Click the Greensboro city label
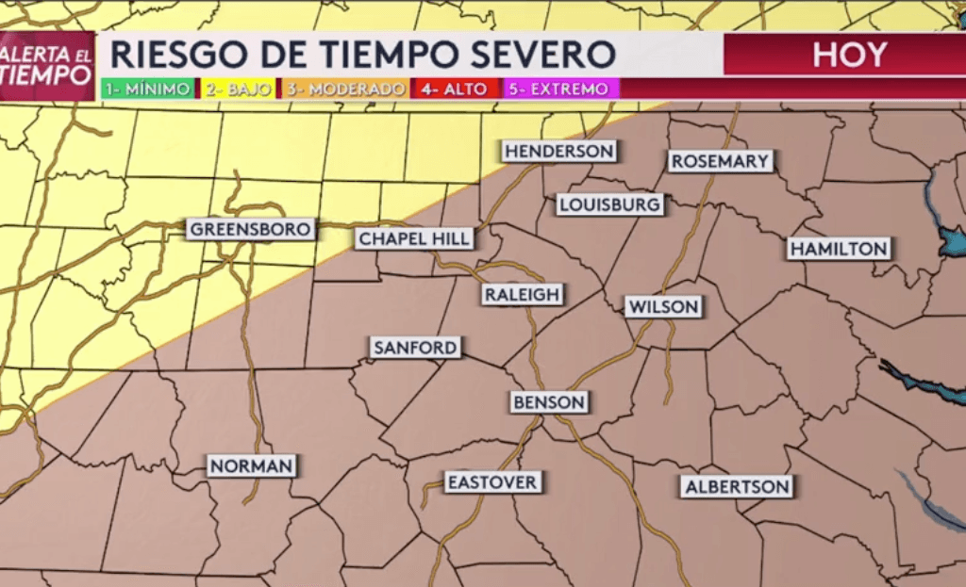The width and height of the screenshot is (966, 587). click(x=250, y=229)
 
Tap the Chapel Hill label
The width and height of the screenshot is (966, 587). click(x=414, y=239)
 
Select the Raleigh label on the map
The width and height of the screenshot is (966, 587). click(x=523, y=295)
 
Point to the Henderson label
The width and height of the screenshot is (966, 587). click(x=558, y=151)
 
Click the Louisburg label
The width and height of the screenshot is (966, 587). click(x=609, y=204)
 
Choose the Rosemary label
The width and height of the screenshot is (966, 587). click(x=720, y=161)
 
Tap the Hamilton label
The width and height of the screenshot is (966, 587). click(x=839, y=249)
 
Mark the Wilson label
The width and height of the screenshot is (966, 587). click(x=664, y=306)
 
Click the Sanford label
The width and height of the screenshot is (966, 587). click(x=415, y=348)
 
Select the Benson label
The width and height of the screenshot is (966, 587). click(x=549, y=402)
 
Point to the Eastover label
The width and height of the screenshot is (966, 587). click(x=491, y=482)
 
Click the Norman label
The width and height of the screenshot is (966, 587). click(x=252, y=465)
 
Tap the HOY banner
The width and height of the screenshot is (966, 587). click(x=849, y=55)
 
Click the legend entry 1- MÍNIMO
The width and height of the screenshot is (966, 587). click(x=147, y=90)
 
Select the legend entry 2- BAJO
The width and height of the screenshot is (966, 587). click(x=237, y=90)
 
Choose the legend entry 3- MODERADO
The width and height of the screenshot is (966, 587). click(x=346, y=90)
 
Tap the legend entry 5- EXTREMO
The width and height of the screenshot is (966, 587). click(x=558, y=90)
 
